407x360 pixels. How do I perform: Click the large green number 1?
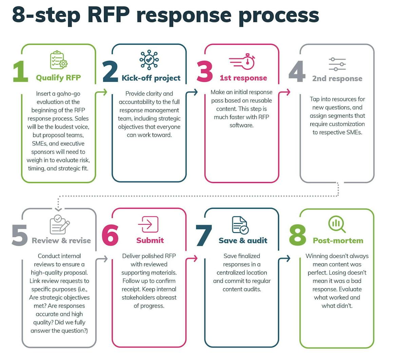21,72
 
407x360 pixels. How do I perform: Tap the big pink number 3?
205,72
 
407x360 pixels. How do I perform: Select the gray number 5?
20,235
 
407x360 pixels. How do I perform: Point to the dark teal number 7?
204,235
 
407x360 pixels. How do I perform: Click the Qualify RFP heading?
58,78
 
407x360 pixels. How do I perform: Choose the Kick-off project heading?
151,78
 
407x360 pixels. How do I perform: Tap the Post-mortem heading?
338,241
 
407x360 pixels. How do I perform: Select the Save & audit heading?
243,241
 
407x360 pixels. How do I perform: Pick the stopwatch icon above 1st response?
242,61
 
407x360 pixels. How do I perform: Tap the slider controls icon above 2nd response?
337,64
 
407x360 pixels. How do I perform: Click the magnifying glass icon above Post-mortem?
337,224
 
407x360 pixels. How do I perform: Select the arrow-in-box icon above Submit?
148,224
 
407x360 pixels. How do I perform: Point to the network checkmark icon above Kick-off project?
149,60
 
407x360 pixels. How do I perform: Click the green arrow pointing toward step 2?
104,92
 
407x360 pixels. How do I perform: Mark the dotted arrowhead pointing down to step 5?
58,208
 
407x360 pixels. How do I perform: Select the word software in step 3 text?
241,125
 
